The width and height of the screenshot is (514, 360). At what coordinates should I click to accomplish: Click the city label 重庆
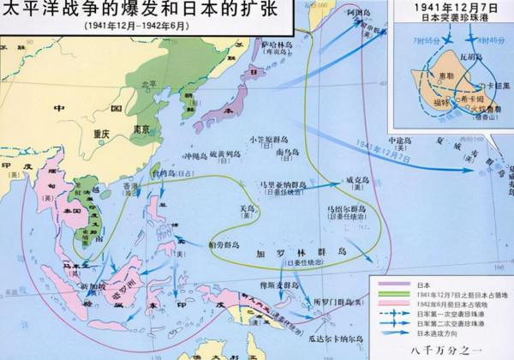(x=101, y=135)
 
